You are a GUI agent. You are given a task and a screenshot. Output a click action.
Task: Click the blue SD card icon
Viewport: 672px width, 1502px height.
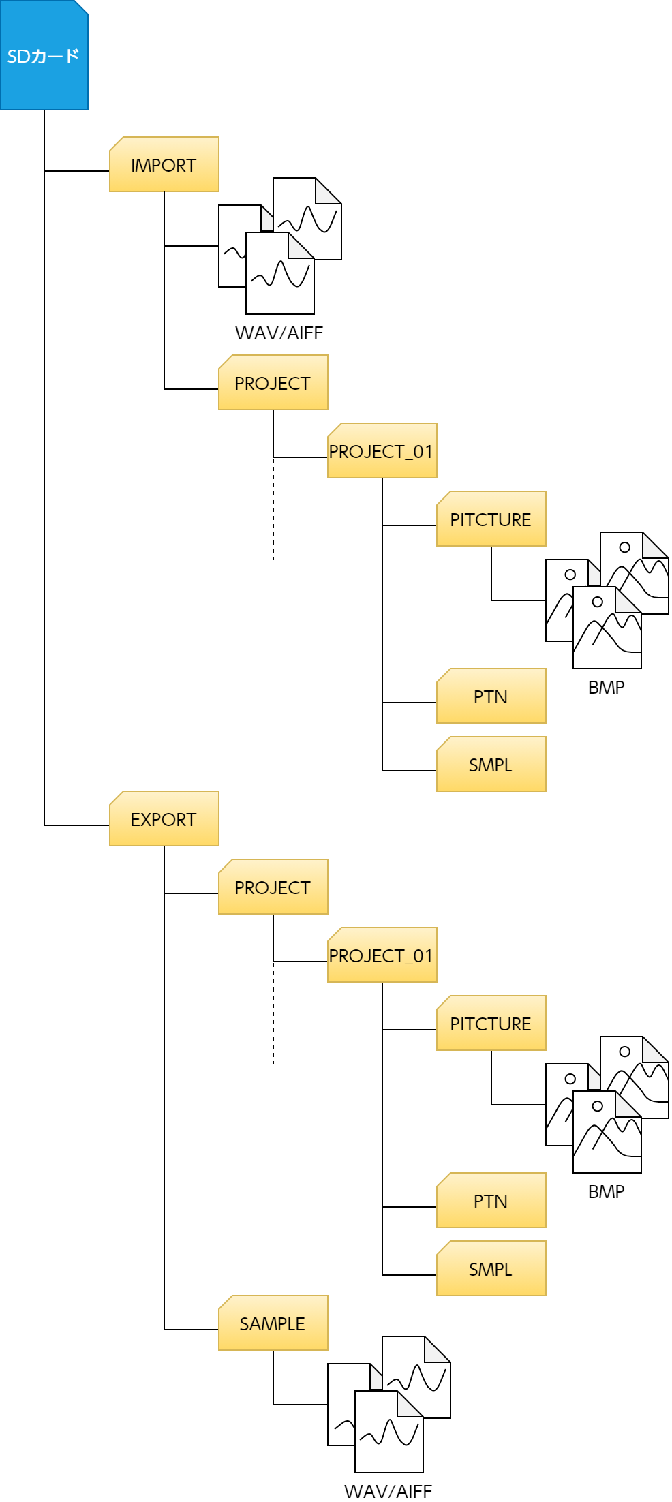coord(44,56)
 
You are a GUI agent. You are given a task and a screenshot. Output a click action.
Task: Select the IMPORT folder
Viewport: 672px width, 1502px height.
coord(164,165)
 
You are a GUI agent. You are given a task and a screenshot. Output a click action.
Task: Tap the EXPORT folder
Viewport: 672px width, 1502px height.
coord(164,819)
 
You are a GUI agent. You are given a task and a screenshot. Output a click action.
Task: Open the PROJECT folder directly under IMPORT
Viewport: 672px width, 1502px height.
coord(273,383)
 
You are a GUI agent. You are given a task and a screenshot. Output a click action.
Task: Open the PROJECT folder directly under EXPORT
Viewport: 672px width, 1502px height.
coord(273,887)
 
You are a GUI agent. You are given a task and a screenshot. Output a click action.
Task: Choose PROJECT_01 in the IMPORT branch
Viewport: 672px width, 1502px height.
coord(382,451)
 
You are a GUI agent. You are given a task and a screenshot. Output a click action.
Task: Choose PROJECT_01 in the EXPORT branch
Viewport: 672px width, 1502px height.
coord(382,955)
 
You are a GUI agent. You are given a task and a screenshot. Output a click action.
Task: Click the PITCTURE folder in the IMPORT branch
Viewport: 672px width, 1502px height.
coord(491,519)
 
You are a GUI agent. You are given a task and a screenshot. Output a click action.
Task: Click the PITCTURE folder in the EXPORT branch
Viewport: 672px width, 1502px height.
coord(491,1024)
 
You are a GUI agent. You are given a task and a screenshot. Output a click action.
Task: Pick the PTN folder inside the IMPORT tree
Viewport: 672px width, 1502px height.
coord(491,696)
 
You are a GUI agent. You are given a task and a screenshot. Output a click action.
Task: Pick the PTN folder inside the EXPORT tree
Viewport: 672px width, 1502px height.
coord(491,1201)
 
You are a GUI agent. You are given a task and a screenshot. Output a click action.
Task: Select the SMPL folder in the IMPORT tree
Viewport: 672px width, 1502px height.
coord(491,765)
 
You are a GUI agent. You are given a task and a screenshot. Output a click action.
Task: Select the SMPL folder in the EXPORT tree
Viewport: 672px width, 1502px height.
coord(491,1269)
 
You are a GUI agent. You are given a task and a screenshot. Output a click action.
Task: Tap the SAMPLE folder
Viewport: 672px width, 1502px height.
coord(273,1323)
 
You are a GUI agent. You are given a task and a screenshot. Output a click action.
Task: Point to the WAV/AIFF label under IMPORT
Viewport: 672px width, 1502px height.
coord(279,333)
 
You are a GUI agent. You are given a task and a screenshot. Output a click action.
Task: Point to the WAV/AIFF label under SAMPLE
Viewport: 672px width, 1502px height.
coord(388,1492)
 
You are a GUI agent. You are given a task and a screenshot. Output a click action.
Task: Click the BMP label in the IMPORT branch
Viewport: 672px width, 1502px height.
coord(606,688)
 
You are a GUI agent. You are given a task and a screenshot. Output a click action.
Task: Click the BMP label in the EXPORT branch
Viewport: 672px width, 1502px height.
coord(606,1192)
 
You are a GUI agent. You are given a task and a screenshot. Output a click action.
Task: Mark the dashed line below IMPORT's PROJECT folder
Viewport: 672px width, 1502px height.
coord(273,511)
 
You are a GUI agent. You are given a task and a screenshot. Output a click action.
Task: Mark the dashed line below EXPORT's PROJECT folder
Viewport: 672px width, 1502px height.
coord(273,1015)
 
